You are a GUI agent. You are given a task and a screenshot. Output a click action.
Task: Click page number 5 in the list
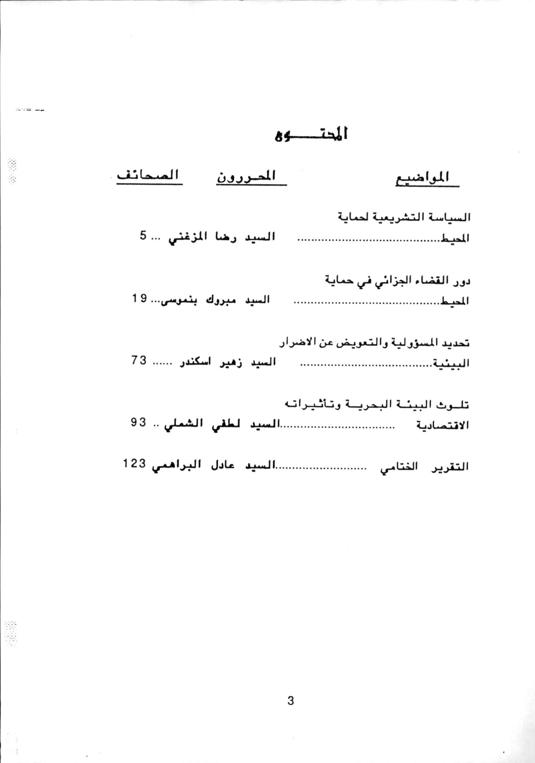coord(143,237)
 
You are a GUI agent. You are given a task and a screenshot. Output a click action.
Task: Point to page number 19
coord(139,298)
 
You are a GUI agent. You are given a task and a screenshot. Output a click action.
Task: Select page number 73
coord(138,361)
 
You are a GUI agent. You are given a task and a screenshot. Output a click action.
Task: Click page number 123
coord(135,464)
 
